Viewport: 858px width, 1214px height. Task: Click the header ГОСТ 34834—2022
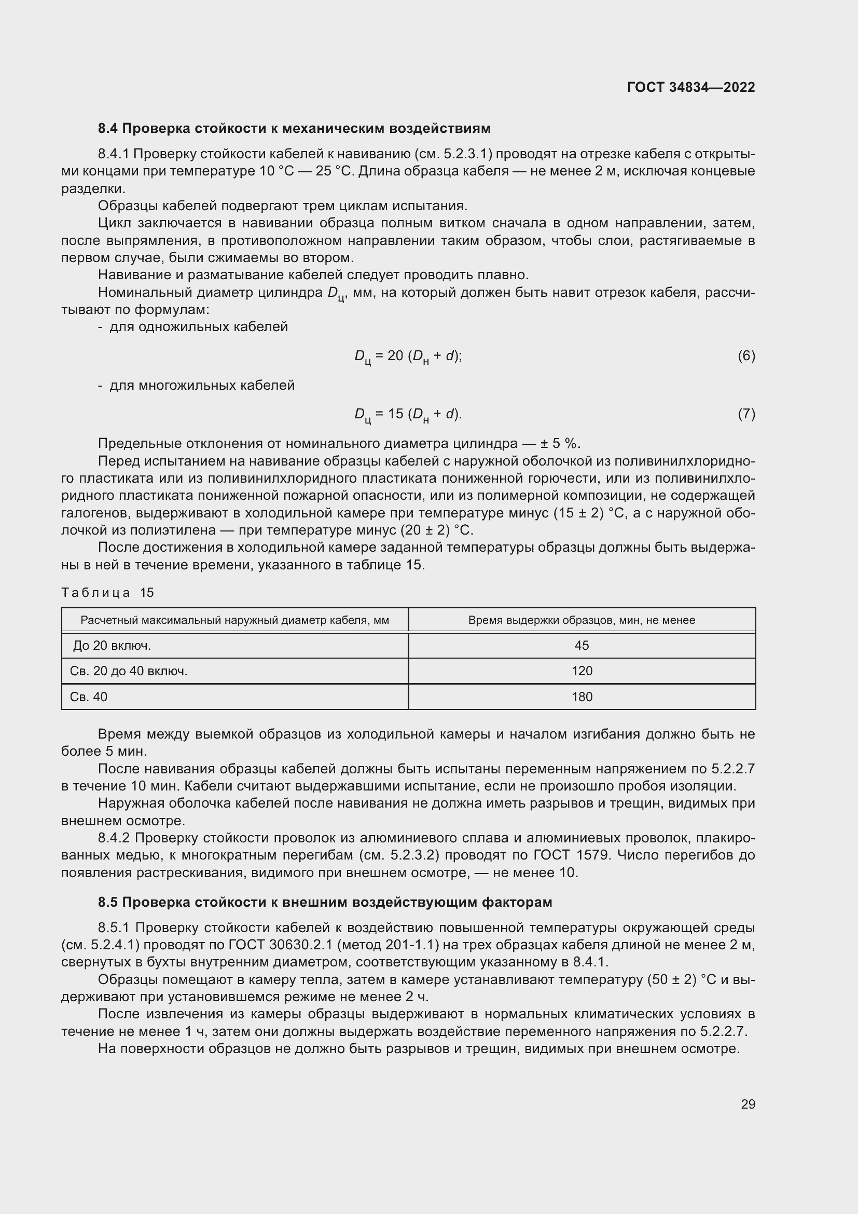point(690,87)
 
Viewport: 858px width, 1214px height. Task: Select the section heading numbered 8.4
point(294,129)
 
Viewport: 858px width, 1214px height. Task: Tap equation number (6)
point(746,356)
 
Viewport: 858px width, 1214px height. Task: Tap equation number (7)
point(746,414)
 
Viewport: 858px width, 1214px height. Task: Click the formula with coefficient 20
point(408,357)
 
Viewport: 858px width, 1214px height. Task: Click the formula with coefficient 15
point(408,415)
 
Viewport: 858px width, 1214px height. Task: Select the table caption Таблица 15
point(107,592)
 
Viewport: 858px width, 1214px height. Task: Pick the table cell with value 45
point(581,645)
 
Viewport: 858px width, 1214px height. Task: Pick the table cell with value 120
point(581,671)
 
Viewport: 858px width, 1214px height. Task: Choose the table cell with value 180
point(581,697)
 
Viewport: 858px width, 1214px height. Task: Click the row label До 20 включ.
point(112,645)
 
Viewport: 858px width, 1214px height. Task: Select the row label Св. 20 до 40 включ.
point(128,671)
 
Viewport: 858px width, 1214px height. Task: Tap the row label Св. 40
point(88,697)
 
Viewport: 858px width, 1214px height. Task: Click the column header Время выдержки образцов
point(581,620)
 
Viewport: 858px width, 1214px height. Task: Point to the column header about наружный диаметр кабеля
point(234,620)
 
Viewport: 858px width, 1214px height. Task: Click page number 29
point(748,1104)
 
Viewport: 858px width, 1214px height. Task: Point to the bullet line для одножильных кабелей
point(198,327)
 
